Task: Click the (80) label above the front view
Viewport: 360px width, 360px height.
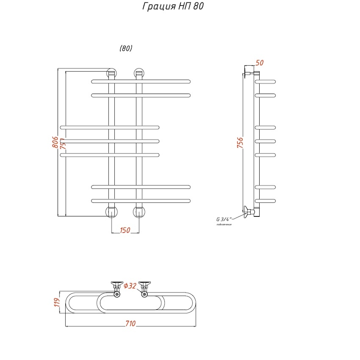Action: pyautogui.click(x=126, y=48)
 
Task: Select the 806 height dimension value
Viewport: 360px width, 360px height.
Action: pyautogui.click(x=55, y=142)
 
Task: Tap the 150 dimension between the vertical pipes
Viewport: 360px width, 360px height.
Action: pyautogui.click(x=125, y=230)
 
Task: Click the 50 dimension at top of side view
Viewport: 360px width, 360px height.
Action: pyautogui.click(x=259, y=63)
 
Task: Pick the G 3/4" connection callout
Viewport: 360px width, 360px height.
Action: pyautogui.click(x=222, y=219)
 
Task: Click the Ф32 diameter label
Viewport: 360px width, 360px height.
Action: pyautogui.click(x=130, y=286)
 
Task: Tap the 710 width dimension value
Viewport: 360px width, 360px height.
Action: pyautogui.click(x=130, y=323)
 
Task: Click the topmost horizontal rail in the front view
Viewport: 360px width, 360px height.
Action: pyautogui.click(x=141, y=82)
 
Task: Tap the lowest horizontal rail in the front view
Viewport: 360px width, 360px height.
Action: pyautogui.click(x=141, y=200)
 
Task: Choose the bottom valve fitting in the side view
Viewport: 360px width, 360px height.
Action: pyautogui.click(x=250, y=212)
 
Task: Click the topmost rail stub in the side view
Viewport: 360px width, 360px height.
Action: pyautogui.click(x=266, y=82)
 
